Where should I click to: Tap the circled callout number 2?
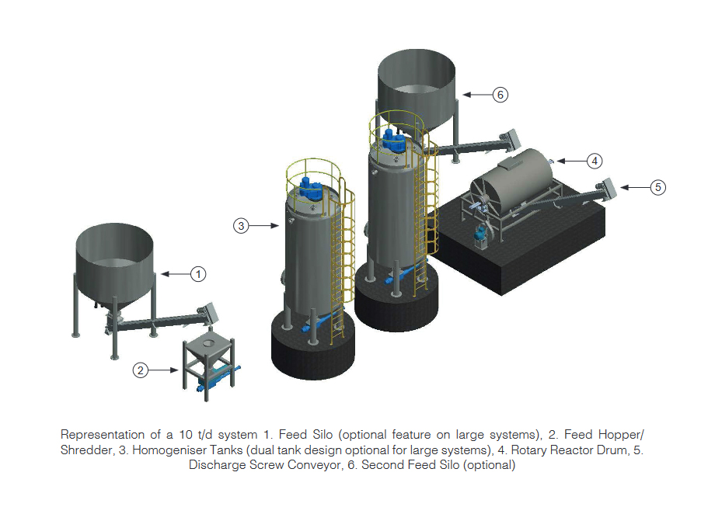pyautogui.click(x=140, y=370)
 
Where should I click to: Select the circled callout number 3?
pyautogui.click(x=241, y=226)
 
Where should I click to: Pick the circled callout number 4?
pyautogui.click(x=594, y=161)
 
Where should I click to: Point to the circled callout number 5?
pyautogui.click(x=657, y=186)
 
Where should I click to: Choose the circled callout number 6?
pyautogui.click(x=500, y=94)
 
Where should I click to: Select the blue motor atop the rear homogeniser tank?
pyautogui.click(x=394, y=140)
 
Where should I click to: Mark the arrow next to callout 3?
pyautogui.click(x=266, y=226)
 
